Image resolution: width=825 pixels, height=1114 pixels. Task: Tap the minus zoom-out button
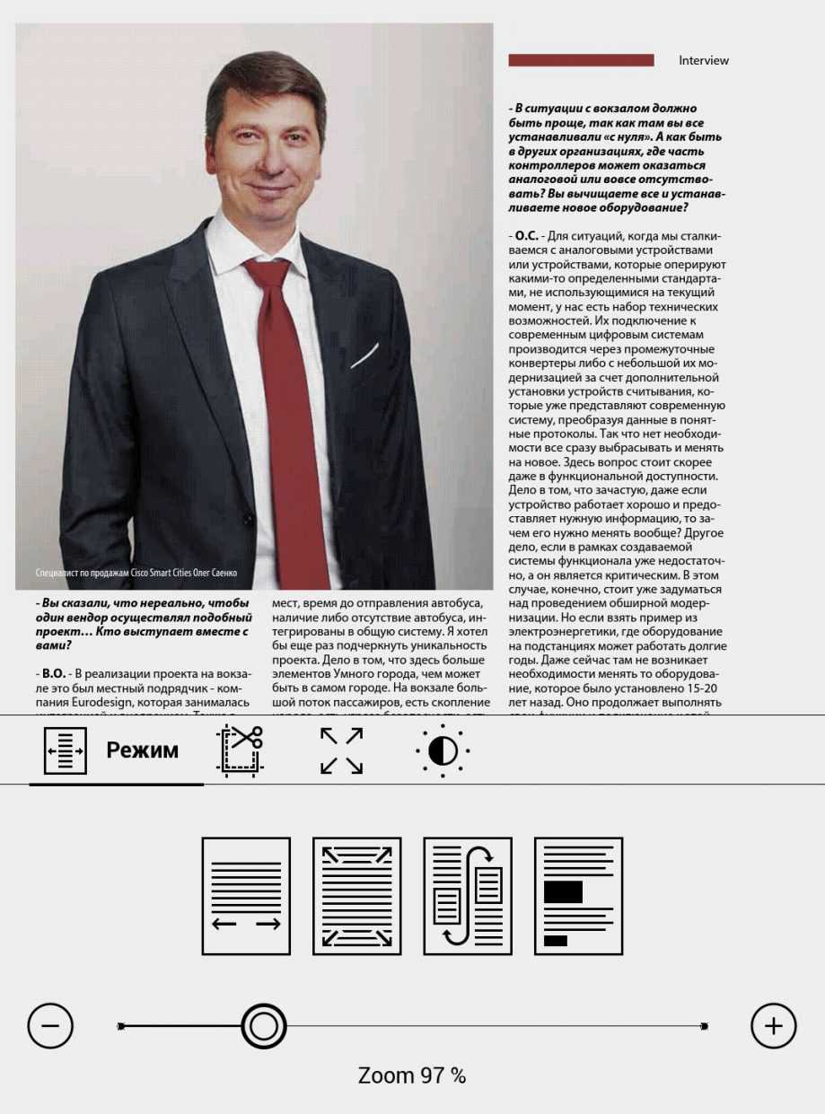(50, 1025)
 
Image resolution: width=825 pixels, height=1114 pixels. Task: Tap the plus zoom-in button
(773, 1025)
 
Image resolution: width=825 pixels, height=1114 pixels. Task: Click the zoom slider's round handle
(263, 1025)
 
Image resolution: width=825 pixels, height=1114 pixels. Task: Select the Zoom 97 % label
(412, 1075)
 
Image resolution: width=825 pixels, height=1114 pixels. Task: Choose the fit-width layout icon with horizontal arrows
(246, 896)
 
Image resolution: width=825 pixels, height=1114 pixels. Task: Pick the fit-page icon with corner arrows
(356, 896)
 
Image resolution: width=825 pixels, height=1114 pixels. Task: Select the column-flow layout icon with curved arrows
(467, 896)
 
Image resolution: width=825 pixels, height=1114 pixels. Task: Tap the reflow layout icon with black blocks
(578, 896)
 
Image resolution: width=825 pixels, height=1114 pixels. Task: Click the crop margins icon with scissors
(240, 750)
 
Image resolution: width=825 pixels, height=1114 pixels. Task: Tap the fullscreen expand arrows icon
(341, 750)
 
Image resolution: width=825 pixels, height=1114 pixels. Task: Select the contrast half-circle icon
(443, 750)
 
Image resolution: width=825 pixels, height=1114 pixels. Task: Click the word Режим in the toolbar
(142, 750)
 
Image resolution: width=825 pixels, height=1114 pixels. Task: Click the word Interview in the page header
(704, 61)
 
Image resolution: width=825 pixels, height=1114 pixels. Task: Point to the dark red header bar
(581, 61)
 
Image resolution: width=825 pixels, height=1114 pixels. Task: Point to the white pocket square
(364, 356)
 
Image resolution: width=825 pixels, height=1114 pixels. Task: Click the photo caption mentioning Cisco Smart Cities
(136, 573)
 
